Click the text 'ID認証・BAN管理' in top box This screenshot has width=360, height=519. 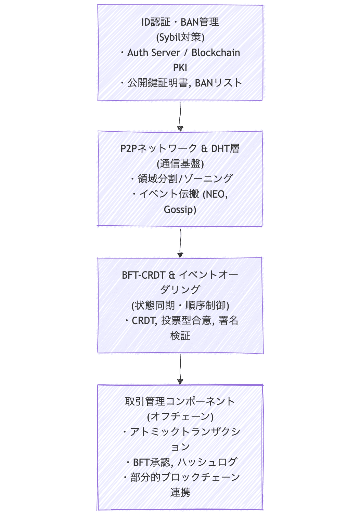click(x=180, y=22)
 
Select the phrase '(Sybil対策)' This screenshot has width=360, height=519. click(x=180, y=37)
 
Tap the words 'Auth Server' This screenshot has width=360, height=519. click(x=153, y=53)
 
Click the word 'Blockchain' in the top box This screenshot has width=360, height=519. click(x=216, y=53)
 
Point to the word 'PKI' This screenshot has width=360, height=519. click(x=180, y=68)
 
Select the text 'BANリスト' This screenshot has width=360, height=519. click(x=218, y=83)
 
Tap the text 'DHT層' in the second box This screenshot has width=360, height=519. click(x=225, y=149)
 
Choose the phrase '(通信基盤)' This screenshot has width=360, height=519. click(x=180, y=164)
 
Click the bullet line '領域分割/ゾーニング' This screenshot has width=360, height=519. click(x=185, y=179)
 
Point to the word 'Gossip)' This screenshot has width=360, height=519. click(x=180, y=209)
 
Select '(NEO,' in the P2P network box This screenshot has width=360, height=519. click(x=215, y=194)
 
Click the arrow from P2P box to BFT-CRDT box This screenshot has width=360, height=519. click(x=180, y=242)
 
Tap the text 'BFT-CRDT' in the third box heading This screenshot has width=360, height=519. click(x=143, y=275)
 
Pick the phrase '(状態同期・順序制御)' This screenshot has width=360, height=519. click(x=180, y=305)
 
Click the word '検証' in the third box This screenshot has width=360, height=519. click(x=180, y=336)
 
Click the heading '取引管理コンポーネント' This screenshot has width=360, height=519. click(x=180, y=401)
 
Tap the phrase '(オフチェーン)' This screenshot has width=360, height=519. click(x=180, y=416)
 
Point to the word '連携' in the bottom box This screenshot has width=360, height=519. click(x=180, y=492)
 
